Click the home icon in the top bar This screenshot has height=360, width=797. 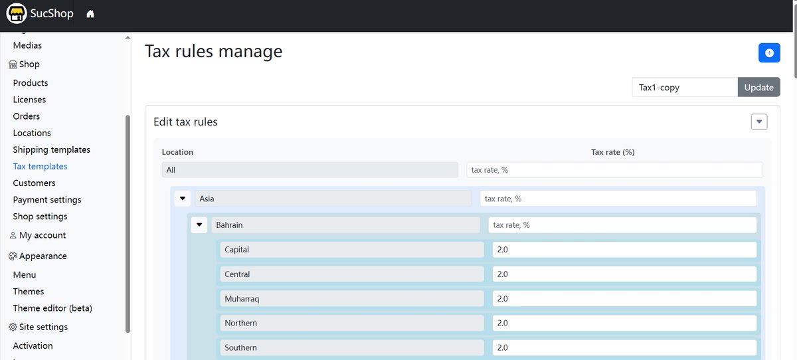pos(90,14)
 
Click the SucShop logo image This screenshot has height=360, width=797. pos(17,13)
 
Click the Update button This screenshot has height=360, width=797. pos(758,87)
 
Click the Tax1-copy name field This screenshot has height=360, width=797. pos(685,87)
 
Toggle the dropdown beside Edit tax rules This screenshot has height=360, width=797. pos(759,122)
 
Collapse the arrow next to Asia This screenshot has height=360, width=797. pos(183,199)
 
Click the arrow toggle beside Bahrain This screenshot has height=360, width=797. pos(199,225)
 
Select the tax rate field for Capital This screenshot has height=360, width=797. pos(624,250)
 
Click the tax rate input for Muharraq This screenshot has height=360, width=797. pos(624,299)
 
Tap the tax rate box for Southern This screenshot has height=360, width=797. pos(624,347)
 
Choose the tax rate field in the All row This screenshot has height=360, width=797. pos(615,170)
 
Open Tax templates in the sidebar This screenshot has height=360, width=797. pos(41,167)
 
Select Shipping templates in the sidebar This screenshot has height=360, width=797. pos(52,149)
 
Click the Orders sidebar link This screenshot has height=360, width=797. pos(27,116)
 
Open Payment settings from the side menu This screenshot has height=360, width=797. pos(47,200)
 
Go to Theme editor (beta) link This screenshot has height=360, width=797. pos(52,308)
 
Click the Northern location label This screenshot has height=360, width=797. pos(241,323)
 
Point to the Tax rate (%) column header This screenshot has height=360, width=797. pos(612,152)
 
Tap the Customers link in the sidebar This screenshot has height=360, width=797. pos(34,183)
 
